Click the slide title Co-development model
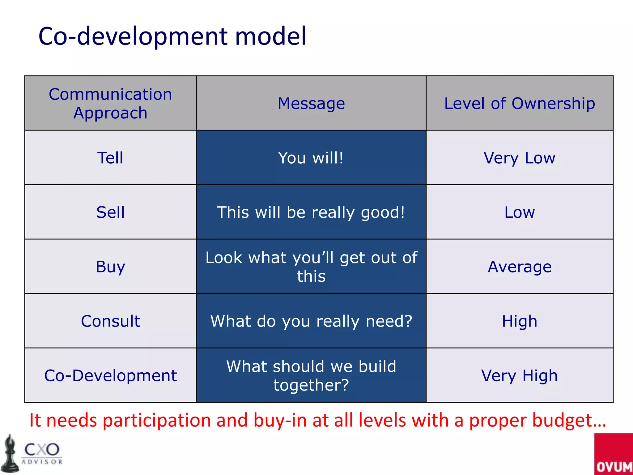pos(172,36)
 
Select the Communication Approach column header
pos(110,103)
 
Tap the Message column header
pos(311,103)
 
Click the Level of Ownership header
pos(519,103)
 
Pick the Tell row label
pos(110,158)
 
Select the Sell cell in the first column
pos(110,212)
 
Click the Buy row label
pos(110,267)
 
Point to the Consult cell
pos(110,321)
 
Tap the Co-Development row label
pos(110,375)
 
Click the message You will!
pos(311,158)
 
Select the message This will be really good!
pos(311,212)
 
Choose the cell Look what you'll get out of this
pos(311,267)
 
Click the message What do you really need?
pos(311,321)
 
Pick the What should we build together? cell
pos(311,375)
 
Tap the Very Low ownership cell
pos(519,158)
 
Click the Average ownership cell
pos(519,267)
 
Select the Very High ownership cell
pos(519,375)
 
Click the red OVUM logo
pos(614,455)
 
